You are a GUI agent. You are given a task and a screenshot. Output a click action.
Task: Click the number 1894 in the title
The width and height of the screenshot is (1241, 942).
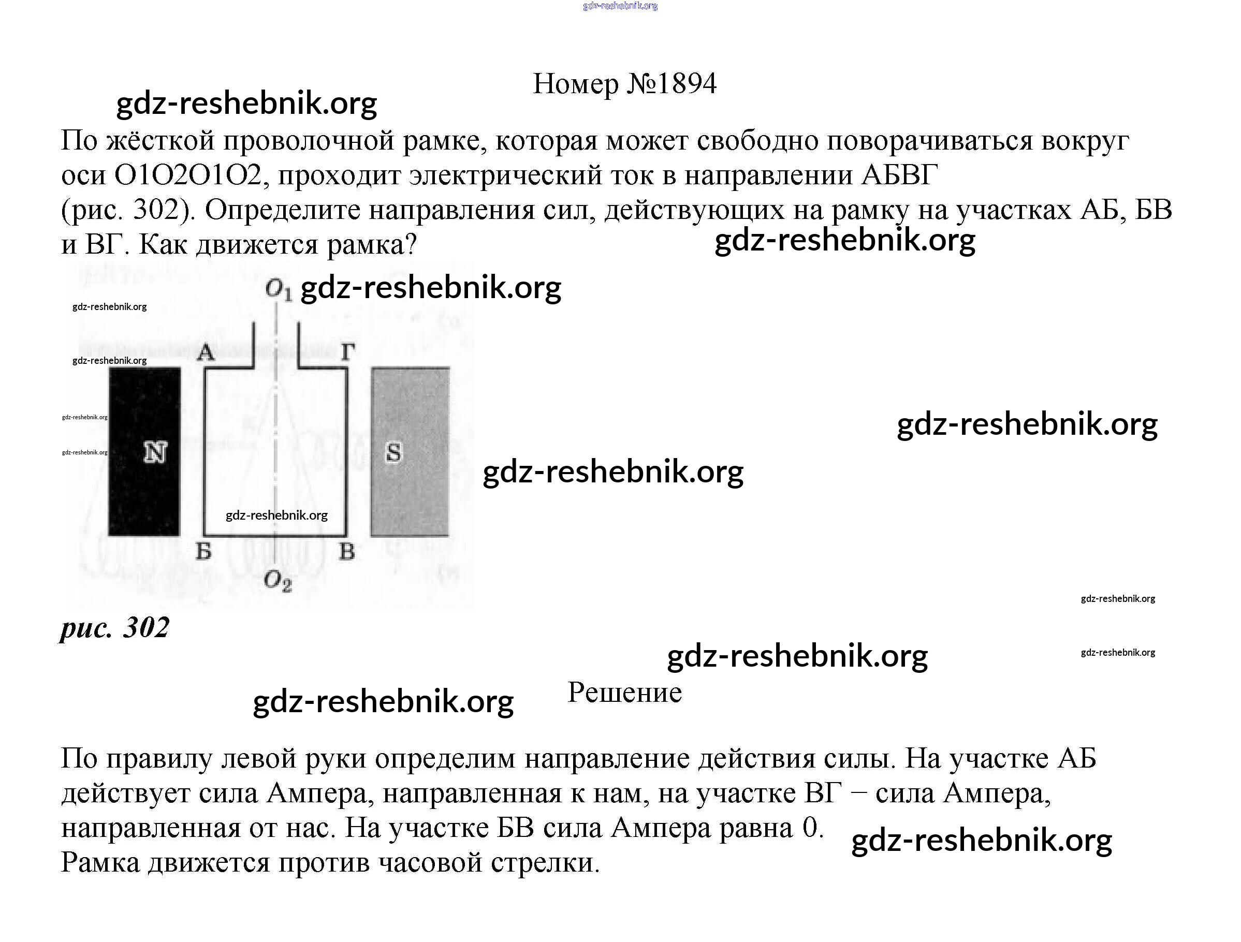(x=687, y=84)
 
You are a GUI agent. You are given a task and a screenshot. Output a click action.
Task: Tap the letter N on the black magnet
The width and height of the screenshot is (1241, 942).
(x=155, y=452)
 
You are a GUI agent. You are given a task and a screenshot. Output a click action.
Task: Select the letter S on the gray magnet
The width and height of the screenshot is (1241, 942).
(x=394, y=452)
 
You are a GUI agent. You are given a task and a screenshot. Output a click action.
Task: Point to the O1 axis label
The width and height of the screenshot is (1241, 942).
(x=278, y=290)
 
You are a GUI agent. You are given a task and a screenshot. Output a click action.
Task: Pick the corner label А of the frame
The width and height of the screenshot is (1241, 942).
(x=206, y=352)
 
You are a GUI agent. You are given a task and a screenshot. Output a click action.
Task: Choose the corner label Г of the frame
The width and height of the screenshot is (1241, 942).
(x=348, y=352)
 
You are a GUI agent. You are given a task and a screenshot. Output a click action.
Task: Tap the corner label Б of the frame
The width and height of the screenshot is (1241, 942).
(x=203, y=552)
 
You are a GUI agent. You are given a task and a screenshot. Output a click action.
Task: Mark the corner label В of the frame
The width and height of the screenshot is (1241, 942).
(x=347, y=552)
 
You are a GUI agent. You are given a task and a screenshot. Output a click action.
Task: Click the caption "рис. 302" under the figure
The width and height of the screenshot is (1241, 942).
(x=115, y=627)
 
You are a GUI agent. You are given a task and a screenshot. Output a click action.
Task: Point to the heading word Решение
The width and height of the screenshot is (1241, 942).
(x=624, y=693)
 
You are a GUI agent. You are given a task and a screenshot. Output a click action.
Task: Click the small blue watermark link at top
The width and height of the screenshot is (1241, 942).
(x=620, y=6)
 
